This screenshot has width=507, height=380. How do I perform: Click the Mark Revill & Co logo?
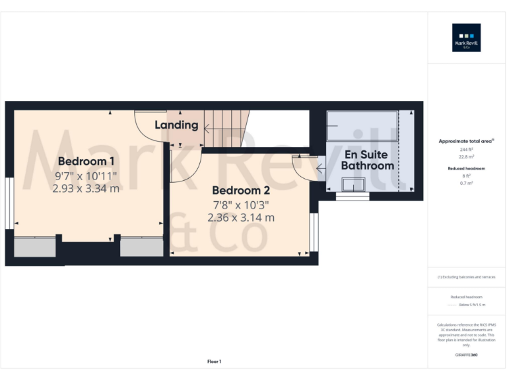coord(466,38)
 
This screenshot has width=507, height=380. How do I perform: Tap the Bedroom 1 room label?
coord(86,162)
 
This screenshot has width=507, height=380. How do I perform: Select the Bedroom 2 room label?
coord(241,191)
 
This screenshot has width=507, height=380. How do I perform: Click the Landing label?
coord(176,125)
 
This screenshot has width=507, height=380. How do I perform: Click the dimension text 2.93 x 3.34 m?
coord(86,188)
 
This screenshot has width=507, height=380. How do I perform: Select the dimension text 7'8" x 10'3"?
coord(241,205)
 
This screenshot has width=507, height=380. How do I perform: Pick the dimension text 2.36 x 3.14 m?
coord(241,217)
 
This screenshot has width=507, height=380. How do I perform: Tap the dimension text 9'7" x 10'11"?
coord(86,175)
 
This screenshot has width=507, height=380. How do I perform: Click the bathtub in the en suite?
coord(363,125)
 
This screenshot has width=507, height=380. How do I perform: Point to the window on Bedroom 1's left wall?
coord(9,203)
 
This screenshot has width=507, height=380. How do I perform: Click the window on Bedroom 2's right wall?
coord(314,232)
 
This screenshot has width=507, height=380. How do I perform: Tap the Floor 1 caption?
coord(214,362)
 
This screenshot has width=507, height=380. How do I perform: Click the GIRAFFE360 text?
coord(466,355)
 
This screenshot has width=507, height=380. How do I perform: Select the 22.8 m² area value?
coord(466,156)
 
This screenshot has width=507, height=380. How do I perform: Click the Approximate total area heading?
coord(466,141)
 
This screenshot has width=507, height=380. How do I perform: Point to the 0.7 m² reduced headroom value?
coord(466,182)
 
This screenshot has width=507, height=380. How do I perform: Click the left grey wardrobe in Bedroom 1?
coord(35,247)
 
